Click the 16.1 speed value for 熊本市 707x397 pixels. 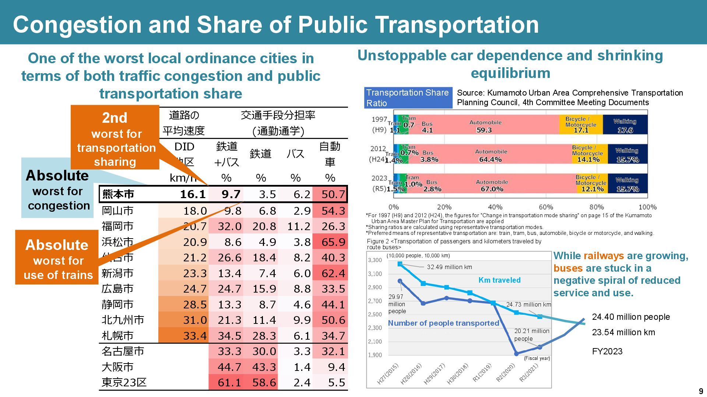point(193,194)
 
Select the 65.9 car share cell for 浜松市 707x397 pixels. point(333,242)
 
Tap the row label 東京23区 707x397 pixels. point(124,383)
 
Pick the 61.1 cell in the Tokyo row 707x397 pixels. point(229,383)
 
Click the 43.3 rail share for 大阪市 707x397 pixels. point(264,367)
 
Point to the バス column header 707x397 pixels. point(295,154)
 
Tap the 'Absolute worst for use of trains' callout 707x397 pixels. point(57,259)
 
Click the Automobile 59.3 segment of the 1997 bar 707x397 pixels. point(485,126)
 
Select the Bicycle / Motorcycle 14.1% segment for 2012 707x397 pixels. point(588,154)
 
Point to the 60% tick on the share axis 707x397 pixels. point(545,207)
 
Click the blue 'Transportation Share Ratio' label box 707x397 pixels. point(408,98)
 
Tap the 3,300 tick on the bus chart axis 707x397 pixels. point(375,260)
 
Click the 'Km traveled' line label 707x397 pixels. point(499,280)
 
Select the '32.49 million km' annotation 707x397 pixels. point(449,267)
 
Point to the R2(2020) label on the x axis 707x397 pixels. point(505,373)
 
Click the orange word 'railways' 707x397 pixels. point(604,256)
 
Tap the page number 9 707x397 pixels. point(701,391)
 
